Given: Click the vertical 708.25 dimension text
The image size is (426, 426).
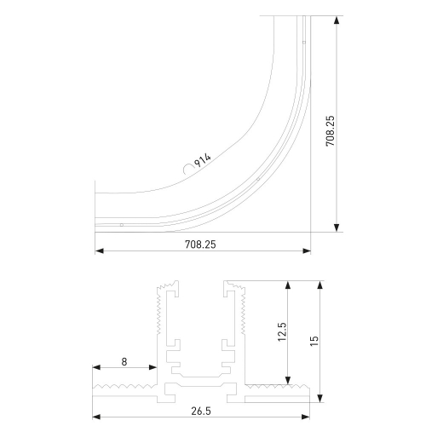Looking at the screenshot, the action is tap(331, 131).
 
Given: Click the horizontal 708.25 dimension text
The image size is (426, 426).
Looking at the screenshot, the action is tap(200, 245).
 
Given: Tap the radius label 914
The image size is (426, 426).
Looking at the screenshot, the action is tap(203, 160).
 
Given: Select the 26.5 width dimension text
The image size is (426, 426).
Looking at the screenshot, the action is tap(201, 411).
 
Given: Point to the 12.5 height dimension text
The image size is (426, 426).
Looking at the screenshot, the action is tap(283, 331).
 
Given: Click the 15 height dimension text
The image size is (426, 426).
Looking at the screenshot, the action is tap(314, 341).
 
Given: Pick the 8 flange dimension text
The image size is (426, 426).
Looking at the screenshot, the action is tap(124, 362).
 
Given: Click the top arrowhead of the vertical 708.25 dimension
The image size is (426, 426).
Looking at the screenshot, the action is tap(337, 20).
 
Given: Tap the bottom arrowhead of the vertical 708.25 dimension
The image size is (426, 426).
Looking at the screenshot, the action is tap(337, 227).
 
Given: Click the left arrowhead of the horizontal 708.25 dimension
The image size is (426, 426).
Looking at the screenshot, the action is tap(100, 250).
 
